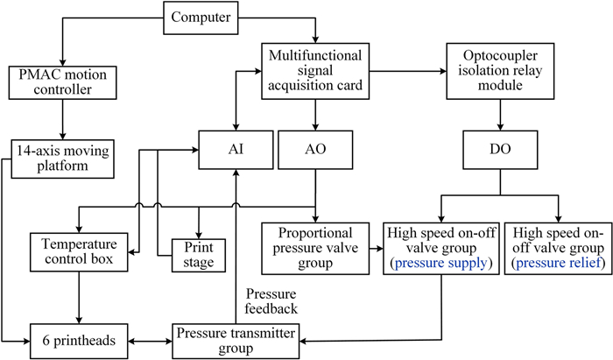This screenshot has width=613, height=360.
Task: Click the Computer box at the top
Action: [202, 16]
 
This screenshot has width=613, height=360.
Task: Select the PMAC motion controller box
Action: [60, 80]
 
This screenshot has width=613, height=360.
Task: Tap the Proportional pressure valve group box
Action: [314, 248]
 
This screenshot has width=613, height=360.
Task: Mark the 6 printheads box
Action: [81, 337]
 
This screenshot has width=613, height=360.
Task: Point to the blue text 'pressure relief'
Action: [556, 262]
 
